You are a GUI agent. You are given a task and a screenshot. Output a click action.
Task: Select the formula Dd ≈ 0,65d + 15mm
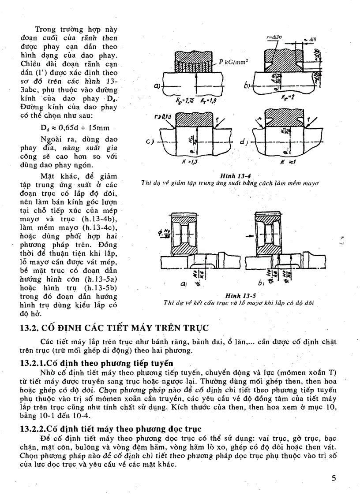coord(74,128)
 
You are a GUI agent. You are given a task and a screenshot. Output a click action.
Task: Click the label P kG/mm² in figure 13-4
coord(234,63)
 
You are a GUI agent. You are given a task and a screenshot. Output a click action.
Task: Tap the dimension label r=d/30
coord(275,39)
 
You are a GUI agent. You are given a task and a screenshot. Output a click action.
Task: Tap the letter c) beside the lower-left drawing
coord(150,141)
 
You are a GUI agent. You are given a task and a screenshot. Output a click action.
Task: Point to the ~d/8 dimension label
coord(311,39)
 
